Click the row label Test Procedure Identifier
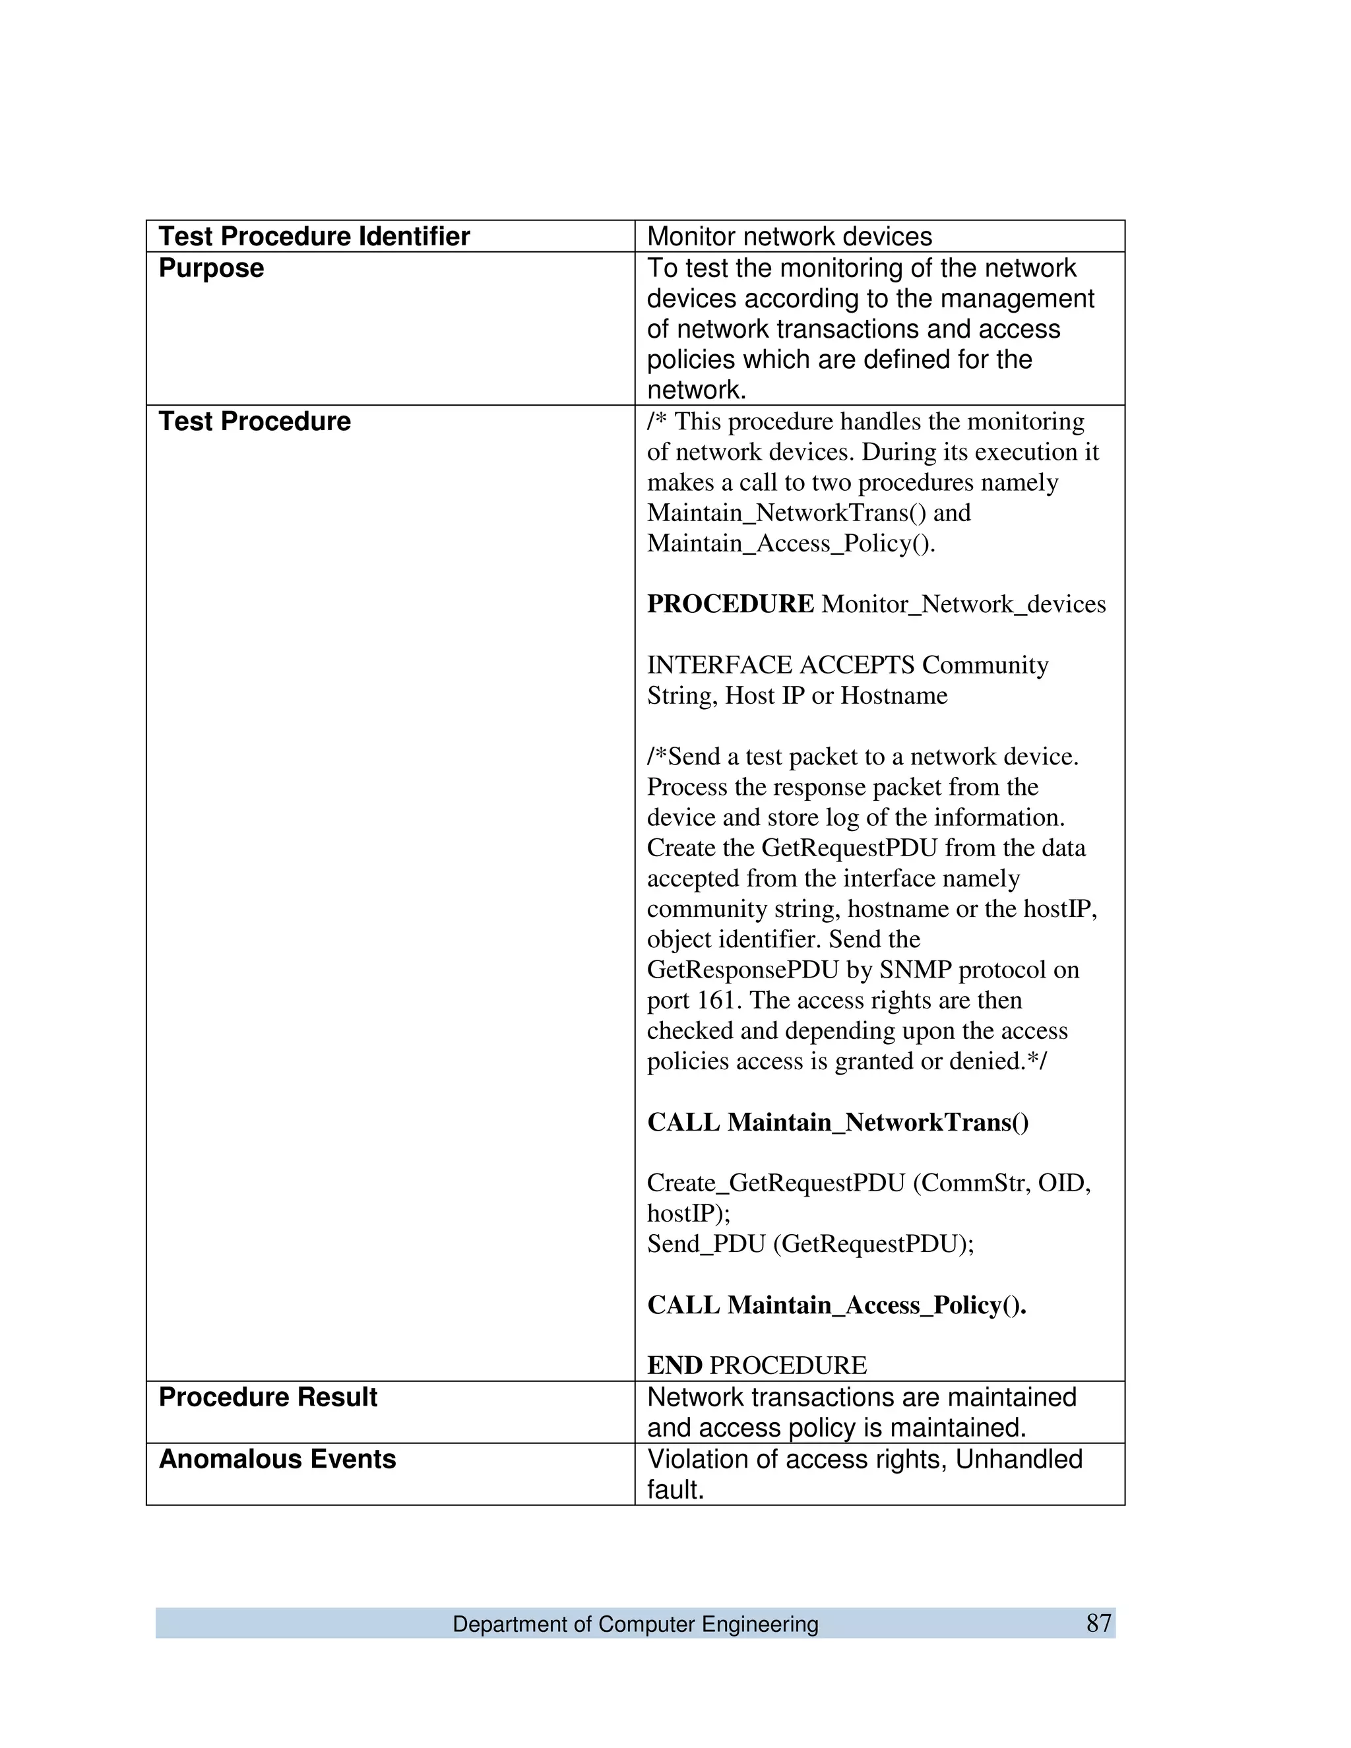click(x=314, y=236)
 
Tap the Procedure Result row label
click(x=267, y=1396)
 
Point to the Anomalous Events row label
click(x=277, y=1459)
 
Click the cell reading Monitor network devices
click(x=789, y=236)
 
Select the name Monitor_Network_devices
click(x=964, y=604)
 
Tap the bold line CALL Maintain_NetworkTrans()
click(x=837, y=1122)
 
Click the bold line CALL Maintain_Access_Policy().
click(x=836, y=1305)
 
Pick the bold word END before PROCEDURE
click(x=675, y=1365)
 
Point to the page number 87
click(x=1099, y=1623)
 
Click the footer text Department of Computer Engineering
click(x=635, y=1624)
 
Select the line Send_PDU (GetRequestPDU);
click(x=810, y=1244)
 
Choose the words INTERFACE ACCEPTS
click(x=780, y=665)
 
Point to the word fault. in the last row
click(x=675, y=1489)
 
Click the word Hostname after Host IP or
click(x=893, y=695)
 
